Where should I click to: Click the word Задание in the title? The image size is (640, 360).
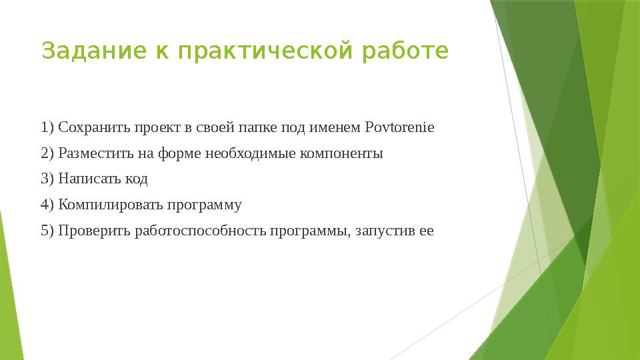(x=94, y=51)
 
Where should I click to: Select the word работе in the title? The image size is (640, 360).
(x=405, y=51)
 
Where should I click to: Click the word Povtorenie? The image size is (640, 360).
(x=399, y=127)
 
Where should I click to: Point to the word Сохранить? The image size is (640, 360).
(x=94, y=128)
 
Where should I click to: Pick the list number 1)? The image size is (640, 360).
(x=47, y=127)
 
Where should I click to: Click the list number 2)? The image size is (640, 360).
(x=47, y=153)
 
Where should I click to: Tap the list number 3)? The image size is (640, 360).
(x=47, y=179)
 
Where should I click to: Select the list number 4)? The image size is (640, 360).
(x=47, y=205)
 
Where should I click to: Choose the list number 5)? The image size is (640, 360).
(x=47, y=231)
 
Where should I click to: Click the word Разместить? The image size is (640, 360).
(x=96, y=154)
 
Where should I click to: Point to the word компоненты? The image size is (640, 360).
(x=341, y=154)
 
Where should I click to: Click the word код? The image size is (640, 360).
(x=136, y=179)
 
